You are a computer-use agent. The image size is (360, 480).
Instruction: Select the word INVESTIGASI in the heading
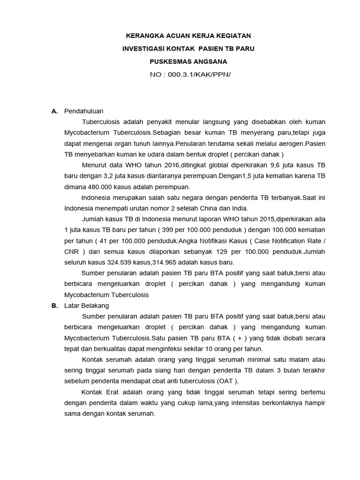(x=143, y=49)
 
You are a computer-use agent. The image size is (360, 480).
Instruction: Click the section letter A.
(x=54, y=111)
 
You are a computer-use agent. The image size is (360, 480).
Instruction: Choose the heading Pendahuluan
(x=83, y=111)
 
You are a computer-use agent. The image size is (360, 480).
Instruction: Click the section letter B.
(x=54, y=306)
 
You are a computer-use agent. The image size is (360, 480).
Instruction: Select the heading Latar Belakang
(x=86, y=306)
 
